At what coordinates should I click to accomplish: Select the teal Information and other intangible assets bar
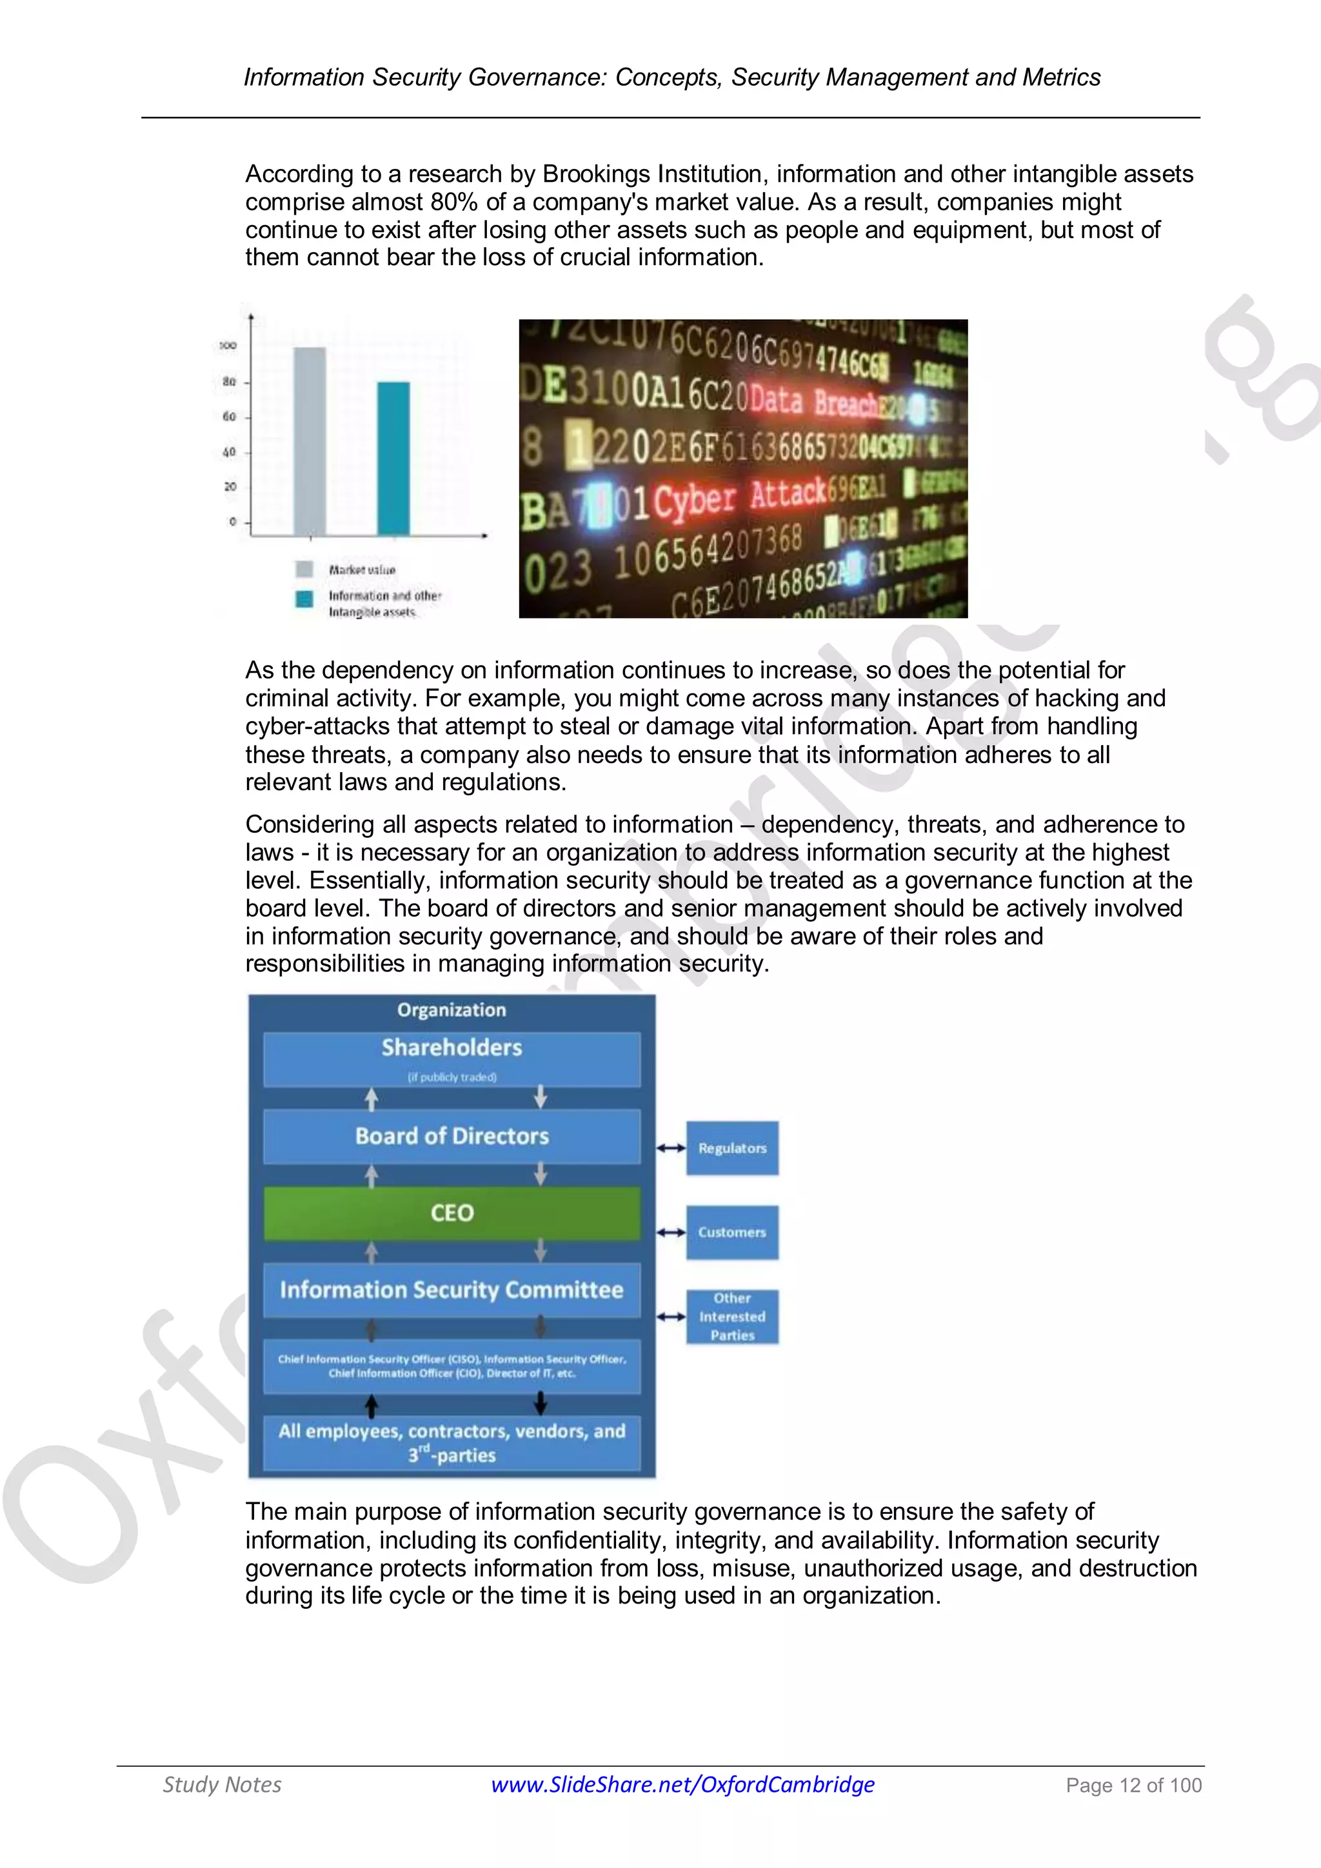tap(393, 458)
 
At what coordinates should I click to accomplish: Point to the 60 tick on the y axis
tap(230, 417)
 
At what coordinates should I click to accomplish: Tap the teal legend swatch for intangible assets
tap(304, 599)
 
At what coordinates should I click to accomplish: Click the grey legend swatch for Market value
tap(304, 569)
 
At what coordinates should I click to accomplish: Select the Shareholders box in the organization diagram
tap(452, 1058)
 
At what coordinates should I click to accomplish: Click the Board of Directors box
tap(452, 1136)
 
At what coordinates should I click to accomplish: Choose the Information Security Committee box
tap(452, 1289)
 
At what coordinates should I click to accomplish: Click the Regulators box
tap(732, 1148)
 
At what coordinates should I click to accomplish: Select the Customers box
tap(732, 1232)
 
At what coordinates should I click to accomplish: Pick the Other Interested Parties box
tap(732, 1317)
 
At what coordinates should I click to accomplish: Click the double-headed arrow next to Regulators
tap(671, 1148)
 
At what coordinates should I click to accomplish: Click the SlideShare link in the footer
tap(682, 1784)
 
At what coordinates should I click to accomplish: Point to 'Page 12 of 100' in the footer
tap(1133, 1785)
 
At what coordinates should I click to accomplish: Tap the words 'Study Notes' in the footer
tap(222, 1784)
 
